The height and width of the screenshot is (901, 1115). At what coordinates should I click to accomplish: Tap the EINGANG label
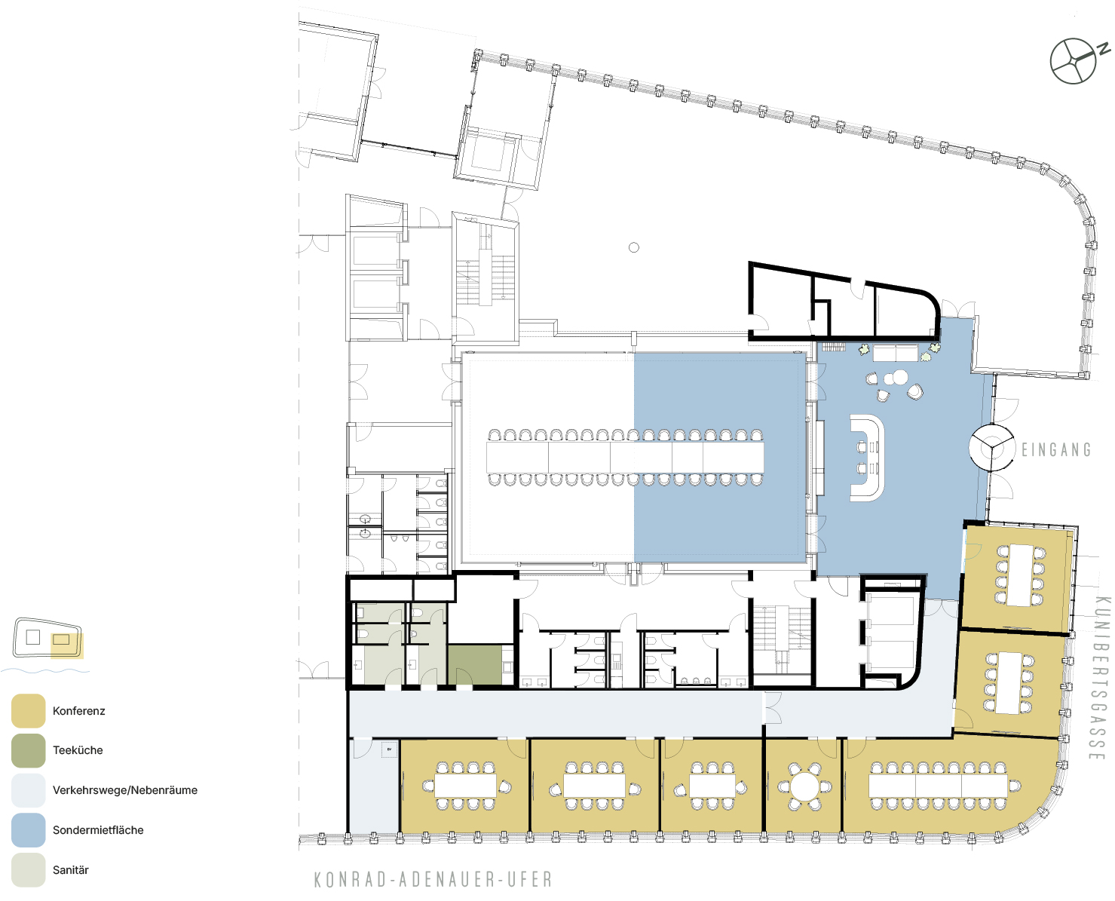[x=1056, y=449]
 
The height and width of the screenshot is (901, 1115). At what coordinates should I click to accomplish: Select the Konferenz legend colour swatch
[x=28, y=710]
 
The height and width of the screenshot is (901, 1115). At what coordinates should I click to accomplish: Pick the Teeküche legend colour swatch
[x=28, y=750]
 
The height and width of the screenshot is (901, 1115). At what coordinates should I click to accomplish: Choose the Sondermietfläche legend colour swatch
[x=28, y=830]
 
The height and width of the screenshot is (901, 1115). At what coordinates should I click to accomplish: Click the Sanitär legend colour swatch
[x=28, y=869]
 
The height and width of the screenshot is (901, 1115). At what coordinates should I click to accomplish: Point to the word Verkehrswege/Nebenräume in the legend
[x=125, y=790]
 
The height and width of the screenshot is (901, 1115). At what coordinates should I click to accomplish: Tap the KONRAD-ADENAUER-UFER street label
[x=433, y=880]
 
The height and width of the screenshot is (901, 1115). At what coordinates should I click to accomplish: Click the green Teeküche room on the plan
[x=474, y=665]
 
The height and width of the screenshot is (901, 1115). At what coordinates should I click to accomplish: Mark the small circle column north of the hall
[x=634, y=247]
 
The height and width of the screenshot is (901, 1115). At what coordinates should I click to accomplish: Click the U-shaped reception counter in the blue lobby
[x=868, y=458]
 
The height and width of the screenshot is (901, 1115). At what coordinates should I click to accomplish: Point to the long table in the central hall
[x=625, y=458]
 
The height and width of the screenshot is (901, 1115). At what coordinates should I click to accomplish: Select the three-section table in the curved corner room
[x=938, y=786]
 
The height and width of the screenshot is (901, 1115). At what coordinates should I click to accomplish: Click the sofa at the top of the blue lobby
[x=896, y=354]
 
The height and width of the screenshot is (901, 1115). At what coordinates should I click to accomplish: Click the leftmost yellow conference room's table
[x=465, y=786]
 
